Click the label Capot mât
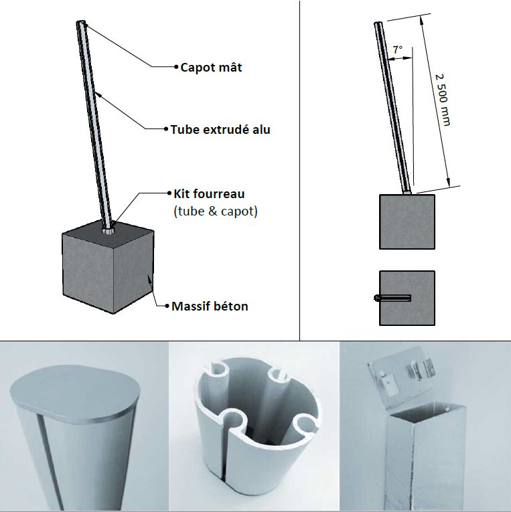211,68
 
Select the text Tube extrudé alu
220,129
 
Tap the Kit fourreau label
209,193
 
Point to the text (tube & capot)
216,211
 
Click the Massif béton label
210,307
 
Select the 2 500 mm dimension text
443,100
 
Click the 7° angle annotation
398,50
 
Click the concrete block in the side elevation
407,222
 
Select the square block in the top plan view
407,298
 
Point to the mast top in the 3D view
81,23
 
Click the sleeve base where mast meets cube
108,230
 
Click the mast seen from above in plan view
392,298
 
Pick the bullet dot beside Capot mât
176,67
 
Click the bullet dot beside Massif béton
167,306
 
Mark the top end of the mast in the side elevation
378,23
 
